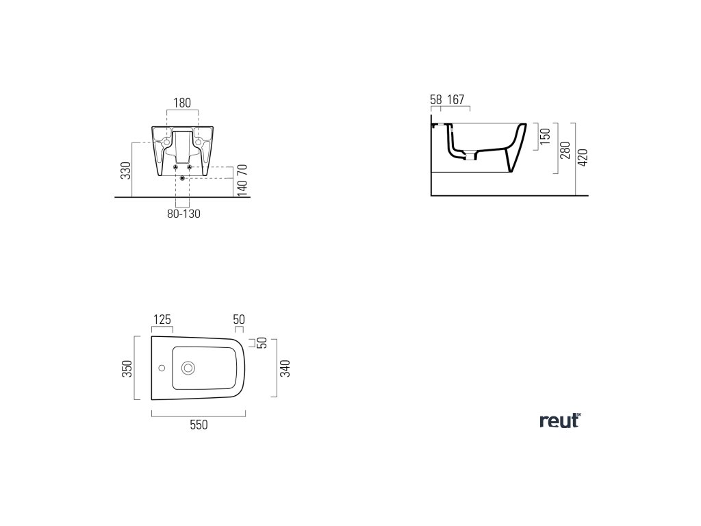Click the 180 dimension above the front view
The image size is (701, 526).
tap(182, 103)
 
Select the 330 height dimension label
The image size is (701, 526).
tap(125, 171)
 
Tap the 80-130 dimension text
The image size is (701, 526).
tap(183, 214)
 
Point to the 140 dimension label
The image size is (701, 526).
tap(240, 188)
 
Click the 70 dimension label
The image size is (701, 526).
tap(240, 168)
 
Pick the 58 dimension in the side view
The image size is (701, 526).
tap(436, 100)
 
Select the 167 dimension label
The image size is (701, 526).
tap(456, 100)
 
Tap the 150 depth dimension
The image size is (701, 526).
tap(546, 136)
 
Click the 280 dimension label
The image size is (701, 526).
tap(565, 151)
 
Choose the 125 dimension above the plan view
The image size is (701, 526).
tap(162, 319)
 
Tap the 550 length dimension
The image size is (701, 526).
tap(198, 425)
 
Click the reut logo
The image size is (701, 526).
tap(560, 421)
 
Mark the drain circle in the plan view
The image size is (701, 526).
tap(188, 368)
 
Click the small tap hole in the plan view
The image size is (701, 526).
tap(162, 368)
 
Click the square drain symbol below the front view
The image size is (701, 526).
tap(182, 178)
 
